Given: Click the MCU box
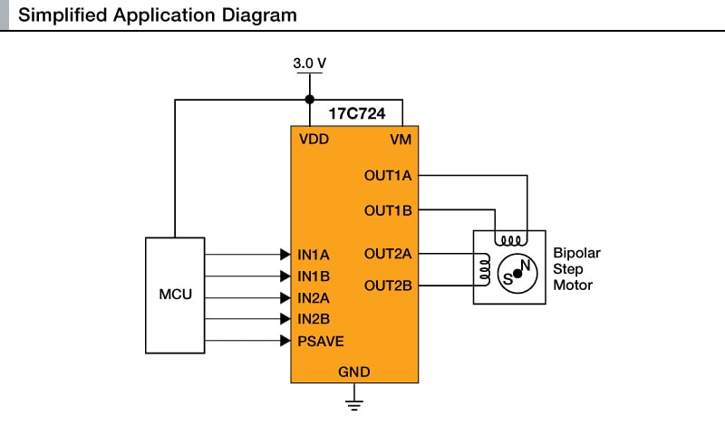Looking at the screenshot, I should pyautogui.click(x=176, y=296).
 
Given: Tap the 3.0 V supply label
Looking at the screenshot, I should pyautogui.click(x=309, y=63).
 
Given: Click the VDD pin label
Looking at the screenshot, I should pyautogui.click(x=314, y=140).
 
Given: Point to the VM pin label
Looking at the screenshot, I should pyautogui.click(x=401, y=140).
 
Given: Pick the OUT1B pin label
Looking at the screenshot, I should pyautogui.click(x=388, y=210).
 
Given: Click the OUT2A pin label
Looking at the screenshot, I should pyautogui.click(x=388, y=253).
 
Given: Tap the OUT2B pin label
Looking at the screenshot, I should pyautogui.click(x=388, y=286).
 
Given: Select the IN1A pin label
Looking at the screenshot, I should pyautogui.click(x=313, y=255).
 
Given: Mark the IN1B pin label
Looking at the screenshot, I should pyautogui.click(x=313, y=276).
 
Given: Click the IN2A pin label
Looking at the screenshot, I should pyautogui.click(x=313, y=297).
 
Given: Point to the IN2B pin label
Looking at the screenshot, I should pyautogui.click(x=313, y=318).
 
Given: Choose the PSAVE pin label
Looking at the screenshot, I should pyautogui.click(x=320, y=341).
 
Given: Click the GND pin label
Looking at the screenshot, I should pyautogui.click(x=353, y=372).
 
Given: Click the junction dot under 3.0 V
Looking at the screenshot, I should pyautogui.click(x=309, y=100).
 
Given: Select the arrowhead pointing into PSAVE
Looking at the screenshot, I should pyautogui.click(x=285, y=341).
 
